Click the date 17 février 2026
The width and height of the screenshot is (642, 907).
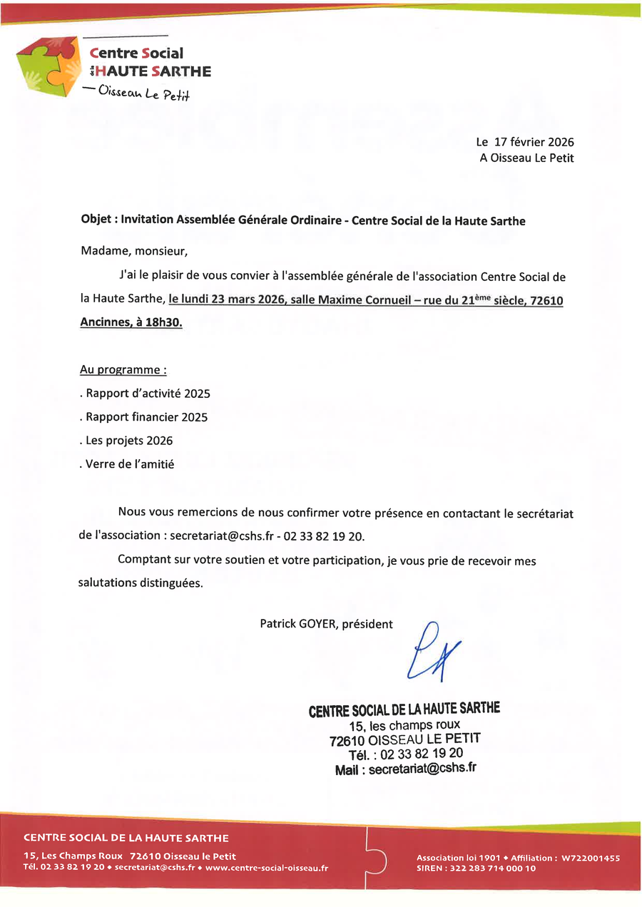[x=534, y=143]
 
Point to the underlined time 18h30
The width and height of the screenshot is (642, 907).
[x=165, y=323]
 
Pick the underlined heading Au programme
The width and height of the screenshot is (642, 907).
[x=123, y=371]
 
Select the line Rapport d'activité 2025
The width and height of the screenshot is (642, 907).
[x=146, y=394]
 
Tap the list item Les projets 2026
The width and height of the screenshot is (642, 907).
[x=127, y=441]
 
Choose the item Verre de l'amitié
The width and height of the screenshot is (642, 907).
[x=128, y=464]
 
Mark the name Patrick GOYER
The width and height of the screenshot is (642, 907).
[x=299, y=624]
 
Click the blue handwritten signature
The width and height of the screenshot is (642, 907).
[x=432, y=650]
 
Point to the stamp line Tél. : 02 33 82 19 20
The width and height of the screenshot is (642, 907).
[x=405, y=754]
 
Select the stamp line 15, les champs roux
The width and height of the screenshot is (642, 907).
[x=404, y=725]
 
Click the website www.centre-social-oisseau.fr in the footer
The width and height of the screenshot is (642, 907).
[x=267, y=867]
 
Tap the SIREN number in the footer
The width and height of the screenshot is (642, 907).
[x=476, y=868]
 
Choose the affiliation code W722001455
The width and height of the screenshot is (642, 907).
[x=591, y=858]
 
